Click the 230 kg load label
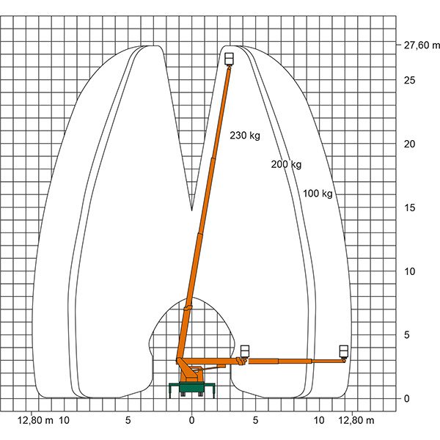click(x=245, y=136)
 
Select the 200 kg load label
click(x=286, y=164)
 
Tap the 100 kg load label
click(x=318, y=194)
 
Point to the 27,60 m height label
click(x=421, y=45)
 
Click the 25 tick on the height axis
click(x=409, y=81)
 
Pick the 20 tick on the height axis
click(x=409, y=144)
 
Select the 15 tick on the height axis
click(x=409, y=208)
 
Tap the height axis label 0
click(x=406, y=398)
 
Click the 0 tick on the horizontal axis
click(x=191, y=420)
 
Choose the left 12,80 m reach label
click(x=35, y=420)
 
